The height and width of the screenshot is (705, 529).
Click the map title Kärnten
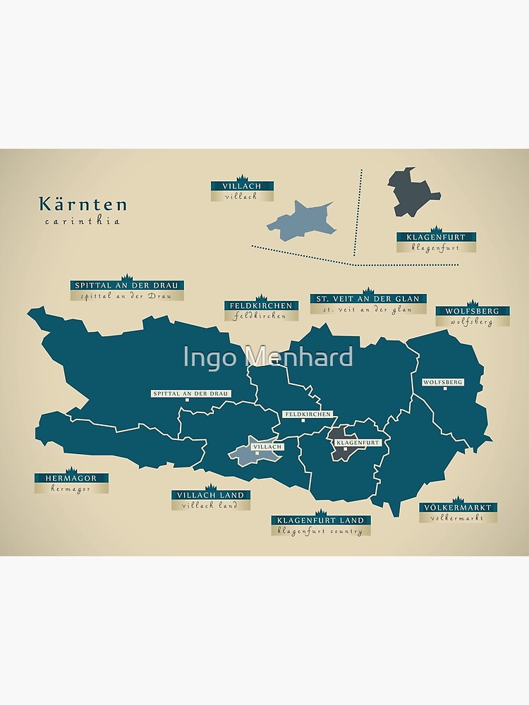click(x=83, y=204)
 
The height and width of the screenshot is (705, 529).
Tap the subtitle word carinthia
click(x=82, y=221)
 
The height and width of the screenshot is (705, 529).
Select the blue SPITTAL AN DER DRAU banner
click(x=128, y=286)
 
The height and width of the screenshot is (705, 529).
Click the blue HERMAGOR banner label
click(x=71, y=478)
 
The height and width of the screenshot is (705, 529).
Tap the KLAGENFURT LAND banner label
click(x=321, y=520)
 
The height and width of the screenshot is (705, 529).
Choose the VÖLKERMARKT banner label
click(x=458, y=508)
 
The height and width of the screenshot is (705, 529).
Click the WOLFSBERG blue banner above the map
click(x=473, y=311)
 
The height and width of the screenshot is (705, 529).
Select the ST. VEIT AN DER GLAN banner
click(x=367, y=299)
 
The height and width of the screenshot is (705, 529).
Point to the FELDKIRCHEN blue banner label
click(x=260, y=306)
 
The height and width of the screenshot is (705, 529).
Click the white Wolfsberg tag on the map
click(x=443, y=382)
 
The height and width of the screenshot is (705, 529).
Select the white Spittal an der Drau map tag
click(x=190, y=393)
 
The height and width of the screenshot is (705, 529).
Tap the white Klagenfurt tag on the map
click(x=358, y=443)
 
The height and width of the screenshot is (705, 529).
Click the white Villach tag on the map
click(x=267, y=446)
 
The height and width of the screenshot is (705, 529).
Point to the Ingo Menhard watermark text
click(x=268, y=357)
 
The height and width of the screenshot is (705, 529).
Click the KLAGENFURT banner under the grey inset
click(x=436, y=238)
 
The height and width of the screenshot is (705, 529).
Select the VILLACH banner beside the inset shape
click(x=242, y=186)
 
